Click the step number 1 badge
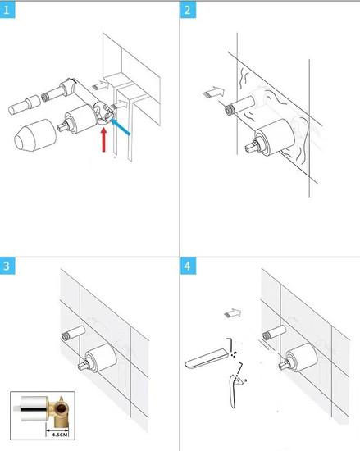[7, 11]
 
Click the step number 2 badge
[188, 11]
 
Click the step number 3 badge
[7, 266]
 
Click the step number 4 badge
[188, 266]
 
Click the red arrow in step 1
[104, 139]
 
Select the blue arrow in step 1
[121, 127]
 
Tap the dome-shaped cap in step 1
[34, 135]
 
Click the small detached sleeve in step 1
[24, 105]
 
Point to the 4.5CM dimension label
[60, 434]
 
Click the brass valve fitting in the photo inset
[60, 411]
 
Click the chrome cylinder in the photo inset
[34, 409]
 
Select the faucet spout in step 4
[206, 358]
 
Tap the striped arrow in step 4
[232, 313]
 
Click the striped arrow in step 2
[213, 92]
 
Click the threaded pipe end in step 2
[229, 110]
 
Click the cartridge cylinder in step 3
[101, 358]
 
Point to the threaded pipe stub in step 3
[74, 333]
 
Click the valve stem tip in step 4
[282, 365]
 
